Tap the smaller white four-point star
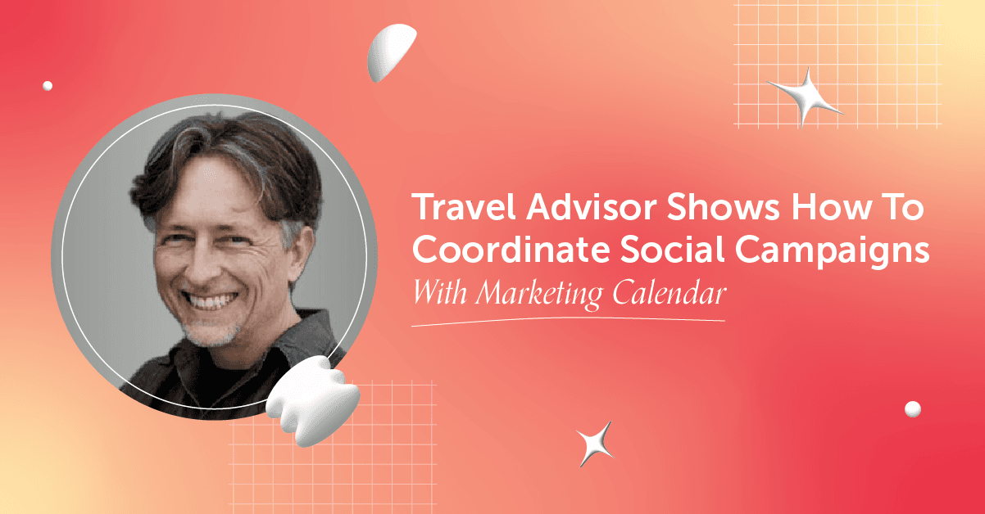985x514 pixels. [x=595, y=444]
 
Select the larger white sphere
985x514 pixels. [x=912, y=408]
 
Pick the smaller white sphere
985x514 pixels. [x=48, y=85]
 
